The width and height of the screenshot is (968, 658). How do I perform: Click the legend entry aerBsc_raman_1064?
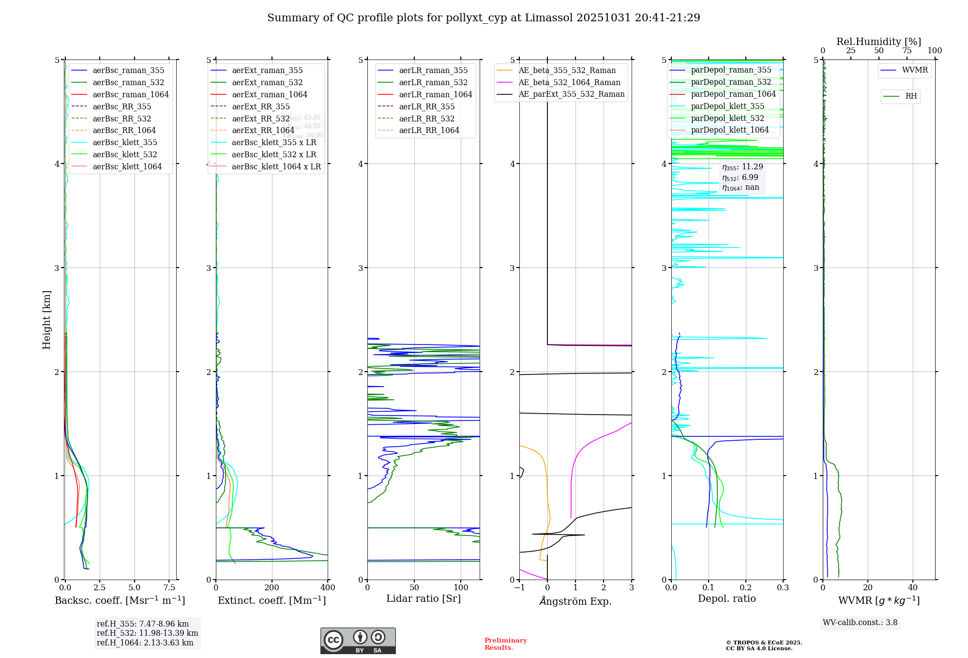[131, 94]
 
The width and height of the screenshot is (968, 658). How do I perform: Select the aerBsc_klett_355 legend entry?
[125, 142]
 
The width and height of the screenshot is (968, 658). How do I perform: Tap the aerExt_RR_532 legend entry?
[260, 119]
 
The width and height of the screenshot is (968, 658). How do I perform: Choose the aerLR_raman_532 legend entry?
[433, 82]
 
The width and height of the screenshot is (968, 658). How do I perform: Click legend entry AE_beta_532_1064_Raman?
[569, 82]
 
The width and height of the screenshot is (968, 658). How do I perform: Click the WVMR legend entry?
[915, 70]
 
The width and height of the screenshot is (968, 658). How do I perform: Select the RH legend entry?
[911, 96]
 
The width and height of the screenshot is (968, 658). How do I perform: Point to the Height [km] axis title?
[46, 320]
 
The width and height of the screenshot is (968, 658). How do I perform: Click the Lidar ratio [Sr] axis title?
[423, 598]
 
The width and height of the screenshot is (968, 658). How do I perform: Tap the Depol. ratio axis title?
[726, 598]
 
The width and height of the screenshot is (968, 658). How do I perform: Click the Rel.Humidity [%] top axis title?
[878, 42]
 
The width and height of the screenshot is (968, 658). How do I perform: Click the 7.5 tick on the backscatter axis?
[169, 588]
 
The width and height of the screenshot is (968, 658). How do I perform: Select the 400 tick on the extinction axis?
[328, 588]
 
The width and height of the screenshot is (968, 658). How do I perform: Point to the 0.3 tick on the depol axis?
[783, 588]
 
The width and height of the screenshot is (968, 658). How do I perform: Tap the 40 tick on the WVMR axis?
[912, 588]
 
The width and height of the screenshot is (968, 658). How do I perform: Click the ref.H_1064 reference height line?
[145, 643]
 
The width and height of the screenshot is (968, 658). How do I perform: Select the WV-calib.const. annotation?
[860, 623]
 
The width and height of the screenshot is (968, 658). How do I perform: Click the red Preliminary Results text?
[505, 644]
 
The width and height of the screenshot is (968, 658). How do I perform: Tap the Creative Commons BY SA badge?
[358, 641]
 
